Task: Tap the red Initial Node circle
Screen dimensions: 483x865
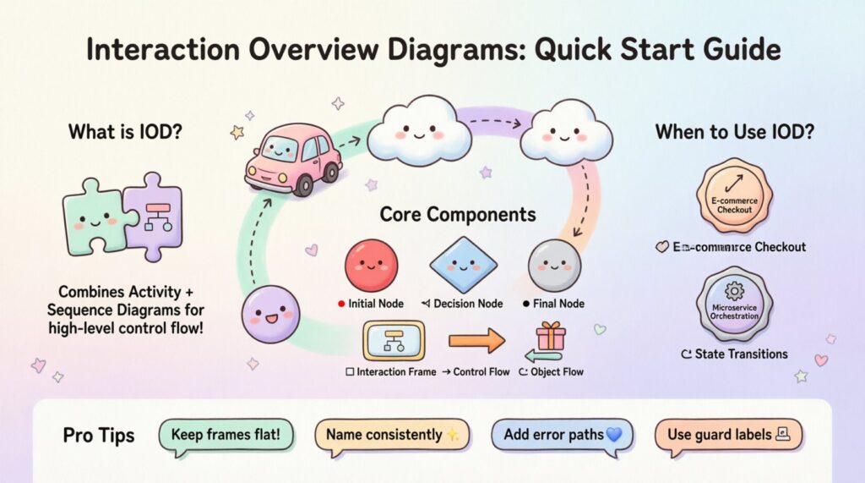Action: pyautogui.click(x=372, y=265)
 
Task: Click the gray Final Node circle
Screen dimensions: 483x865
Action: pyautogui.click(x=554, y=265)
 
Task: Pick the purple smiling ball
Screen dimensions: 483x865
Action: pyautogui.click(x=270, y=315)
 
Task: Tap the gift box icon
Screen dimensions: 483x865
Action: pyautogui.click(x=551, y=337)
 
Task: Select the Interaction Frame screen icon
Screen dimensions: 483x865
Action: pyautogui.click(x=393, y=340)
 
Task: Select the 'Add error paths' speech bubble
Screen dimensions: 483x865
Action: pyautogui.click(x=562, y=435)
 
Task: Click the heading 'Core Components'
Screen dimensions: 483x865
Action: pyautogui.click(x=457, y=214)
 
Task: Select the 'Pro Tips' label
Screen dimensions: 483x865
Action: pyautogui.click(x=98, y=436)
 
